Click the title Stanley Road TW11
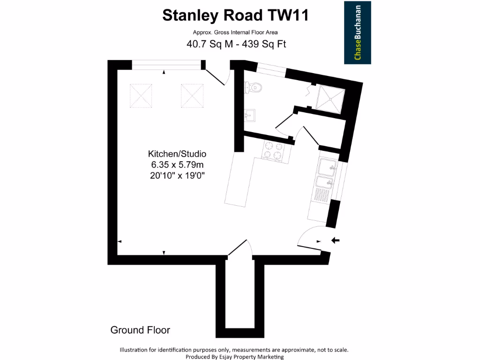tap(236, 15)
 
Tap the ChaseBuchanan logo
tap(358, 32)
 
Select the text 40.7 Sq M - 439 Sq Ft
tap(236, 45)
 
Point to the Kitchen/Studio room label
tap(177, 154)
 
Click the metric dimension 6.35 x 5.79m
tap(177, 165)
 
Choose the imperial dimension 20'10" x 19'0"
tap(177, 176)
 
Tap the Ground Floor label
tap(140, 330)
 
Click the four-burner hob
tap(273, 151)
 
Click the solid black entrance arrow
tap(336, 240)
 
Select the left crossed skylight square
tap(141, 95)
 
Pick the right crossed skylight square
tap(192, 95)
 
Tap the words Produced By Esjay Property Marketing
tap(234, 357)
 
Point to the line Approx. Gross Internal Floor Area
tap(235, 32)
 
